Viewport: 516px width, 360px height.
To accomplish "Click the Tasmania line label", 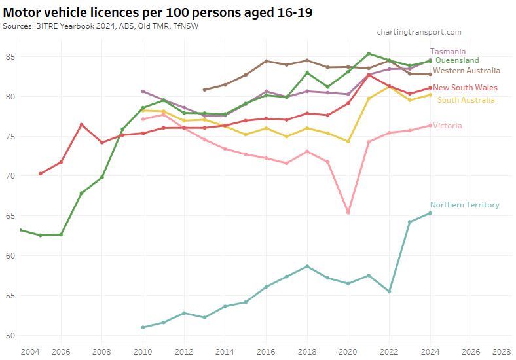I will pyautogui.click(x=448, y=51).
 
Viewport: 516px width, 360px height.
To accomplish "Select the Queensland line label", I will pyautogui.click(x=457, y=60).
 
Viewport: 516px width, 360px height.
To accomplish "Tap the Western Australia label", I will pyautogui.click(x=466, y=71).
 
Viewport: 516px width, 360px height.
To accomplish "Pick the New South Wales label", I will pyautogui.click(x=465, y=88).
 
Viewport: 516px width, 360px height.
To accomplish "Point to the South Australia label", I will pyautogui.click(x=466, y=100).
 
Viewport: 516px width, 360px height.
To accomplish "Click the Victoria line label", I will pyautogui.click(x=447, y=126).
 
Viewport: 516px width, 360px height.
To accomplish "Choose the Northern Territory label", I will pyautogui.click(x=465, y=205).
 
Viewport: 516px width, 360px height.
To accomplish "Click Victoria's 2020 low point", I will pyautogui.click(x=348, y=213).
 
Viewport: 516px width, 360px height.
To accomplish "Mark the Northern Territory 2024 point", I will pyautogui.click(x=430, y=213).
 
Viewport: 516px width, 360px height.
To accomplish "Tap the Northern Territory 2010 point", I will pyautogui.click(x=143, y=327).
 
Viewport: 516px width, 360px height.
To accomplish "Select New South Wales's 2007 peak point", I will pyautogui.click(x=81, y=125).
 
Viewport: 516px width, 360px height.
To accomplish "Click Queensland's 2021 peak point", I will pyautogui.click(x=369, y=54).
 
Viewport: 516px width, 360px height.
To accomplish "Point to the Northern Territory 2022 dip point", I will pyautogui.click(x=389, y=291).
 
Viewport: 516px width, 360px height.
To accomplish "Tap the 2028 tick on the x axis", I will pyautogui.click(x=502, y=351).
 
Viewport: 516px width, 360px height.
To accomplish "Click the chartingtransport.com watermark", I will pyautogui.click(x=419, y=32).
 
